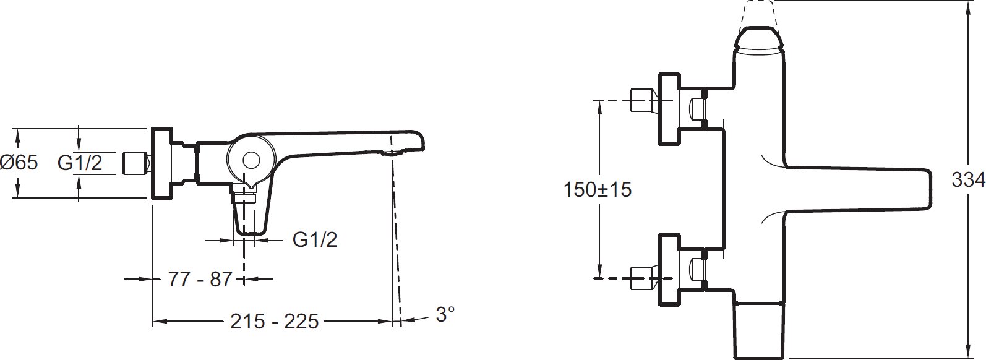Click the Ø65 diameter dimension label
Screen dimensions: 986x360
(x=19, y=163)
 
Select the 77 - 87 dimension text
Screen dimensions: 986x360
(x=200, y=279)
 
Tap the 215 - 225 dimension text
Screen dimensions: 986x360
(x=274, y=322)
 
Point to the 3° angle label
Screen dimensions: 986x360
(x=445, y=314)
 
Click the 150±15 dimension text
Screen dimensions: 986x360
(x=598, y=190)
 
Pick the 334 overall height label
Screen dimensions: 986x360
(x=968, y=179)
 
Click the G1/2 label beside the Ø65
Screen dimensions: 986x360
(x=80, y=163)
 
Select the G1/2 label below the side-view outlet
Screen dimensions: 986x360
(x=315, y=239)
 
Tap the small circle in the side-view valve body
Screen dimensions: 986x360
(x=251, y=160)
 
